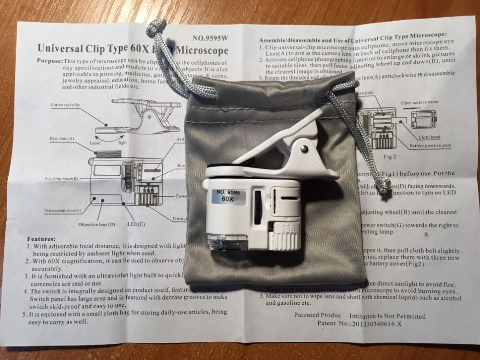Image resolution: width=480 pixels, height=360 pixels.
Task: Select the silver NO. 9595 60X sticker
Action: tap(228, 196)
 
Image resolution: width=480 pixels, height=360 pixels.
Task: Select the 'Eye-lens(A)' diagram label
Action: tap(62, 139)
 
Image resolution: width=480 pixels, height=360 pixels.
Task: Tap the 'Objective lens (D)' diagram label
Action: tap(96, 224)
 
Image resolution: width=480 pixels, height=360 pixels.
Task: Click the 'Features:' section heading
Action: tap(41, 239)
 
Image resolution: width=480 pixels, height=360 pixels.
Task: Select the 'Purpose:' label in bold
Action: tap(50, 62)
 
